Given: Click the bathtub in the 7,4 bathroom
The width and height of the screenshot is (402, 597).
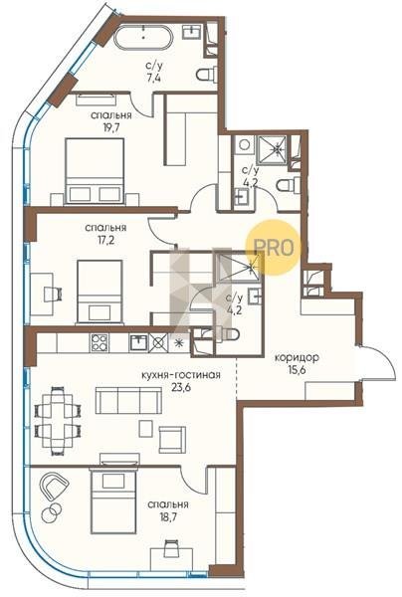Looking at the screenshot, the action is (144, 37).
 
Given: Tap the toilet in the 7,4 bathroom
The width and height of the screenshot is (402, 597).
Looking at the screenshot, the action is (207, 75).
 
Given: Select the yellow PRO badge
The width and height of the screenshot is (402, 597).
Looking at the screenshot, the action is (273, 248).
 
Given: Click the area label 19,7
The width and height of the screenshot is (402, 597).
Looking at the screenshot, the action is (111, 127).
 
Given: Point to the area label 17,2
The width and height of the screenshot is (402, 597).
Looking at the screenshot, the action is (105, 240).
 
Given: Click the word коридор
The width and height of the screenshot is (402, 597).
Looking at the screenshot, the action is (297, 357).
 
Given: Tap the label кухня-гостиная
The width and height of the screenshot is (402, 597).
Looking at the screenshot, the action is (181, 375).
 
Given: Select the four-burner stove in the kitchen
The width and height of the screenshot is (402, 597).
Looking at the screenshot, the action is (100, 342).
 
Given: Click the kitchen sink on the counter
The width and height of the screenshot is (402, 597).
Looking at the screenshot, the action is (138, 342).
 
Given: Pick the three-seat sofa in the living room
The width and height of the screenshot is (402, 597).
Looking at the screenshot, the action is (128, 401).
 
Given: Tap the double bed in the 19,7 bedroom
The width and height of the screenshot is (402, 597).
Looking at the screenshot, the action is (95, 171).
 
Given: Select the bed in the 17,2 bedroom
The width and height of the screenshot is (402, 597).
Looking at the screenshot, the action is (100, 292).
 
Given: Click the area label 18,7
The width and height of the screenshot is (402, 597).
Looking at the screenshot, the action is (168, 517).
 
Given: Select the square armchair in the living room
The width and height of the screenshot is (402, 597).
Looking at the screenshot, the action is (172, 440).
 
